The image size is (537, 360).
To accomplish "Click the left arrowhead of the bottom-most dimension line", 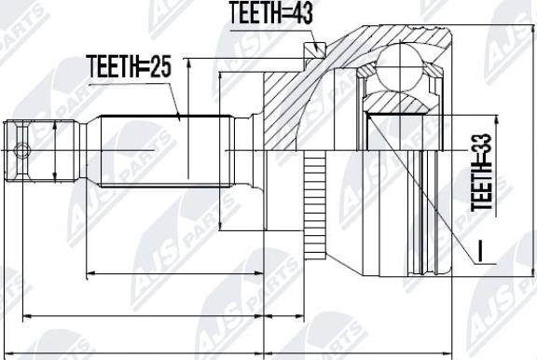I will pos(7,353).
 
